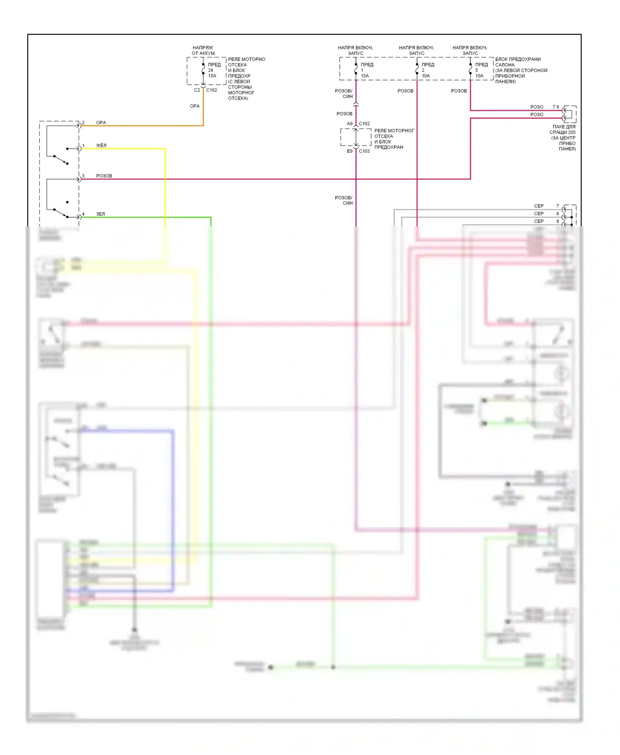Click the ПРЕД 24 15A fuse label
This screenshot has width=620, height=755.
tap(214, 70)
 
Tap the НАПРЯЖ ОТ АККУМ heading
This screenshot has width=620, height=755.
tap(203, 50)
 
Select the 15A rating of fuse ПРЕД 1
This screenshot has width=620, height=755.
tap(365, 76)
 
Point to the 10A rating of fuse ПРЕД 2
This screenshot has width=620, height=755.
tap(426, 76)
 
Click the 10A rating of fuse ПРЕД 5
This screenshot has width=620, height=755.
tap(479, 76)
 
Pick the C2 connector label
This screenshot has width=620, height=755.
tap(197, 90)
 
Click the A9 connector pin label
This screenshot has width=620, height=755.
tap(350, 124)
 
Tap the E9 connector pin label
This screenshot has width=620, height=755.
tap(350, 151)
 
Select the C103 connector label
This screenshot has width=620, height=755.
tap(364, 151)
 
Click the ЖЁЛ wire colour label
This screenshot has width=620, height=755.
tap(101, 145)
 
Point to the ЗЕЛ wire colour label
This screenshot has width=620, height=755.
tap(100, 214)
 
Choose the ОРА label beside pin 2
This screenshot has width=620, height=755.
tap(101, 123)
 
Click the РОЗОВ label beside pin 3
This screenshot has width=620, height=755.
tap(104, 176)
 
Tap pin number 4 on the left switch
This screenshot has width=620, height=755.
tap(83, 214)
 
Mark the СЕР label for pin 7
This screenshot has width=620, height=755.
tap(539, 206)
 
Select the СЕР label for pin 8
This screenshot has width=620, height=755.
tap(539, 221)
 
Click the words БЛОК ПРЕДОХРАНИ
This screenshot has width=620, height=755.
tap(518, 59)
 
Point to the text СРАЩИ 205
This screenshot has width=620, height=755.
tap(562, 133)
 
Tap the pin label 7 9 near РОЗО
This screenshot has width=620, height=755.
tap(556, 107)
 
